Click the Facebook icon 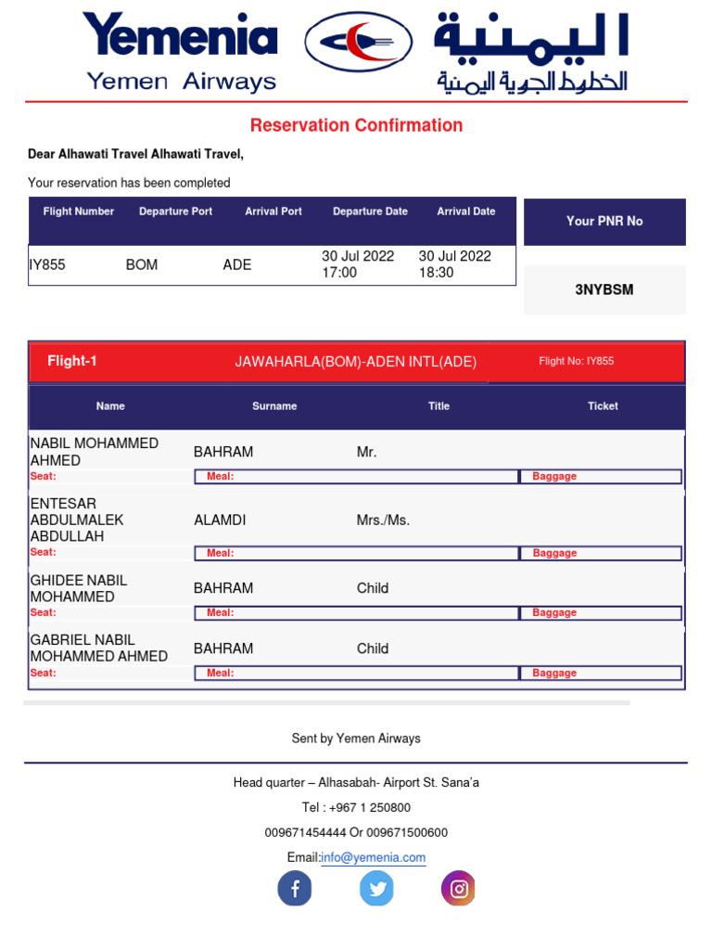pos(295,889)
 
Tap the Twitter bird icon pos(376,889)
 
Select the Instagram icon pos(458,889)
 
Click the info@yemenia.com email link pos(373,858)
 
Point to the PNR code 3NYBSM pos(604,289)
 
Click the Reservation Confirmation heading pos(356,125)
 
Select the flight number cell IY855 pos(47,264)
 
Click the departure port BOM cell pos(142,264)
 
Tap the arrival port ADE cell pos(237,264)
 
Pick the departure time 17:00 pos(339,273)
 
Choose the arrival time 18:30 pos(436,273)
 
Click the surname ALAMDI pos(220,520)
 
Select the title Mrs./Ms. pos(383,520)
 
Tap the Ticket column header pos(603,406)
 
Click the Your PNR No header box pos(604,222)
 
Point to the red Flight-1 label pos(72,362)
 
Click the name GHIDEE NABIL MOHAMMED pos(79,588)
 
